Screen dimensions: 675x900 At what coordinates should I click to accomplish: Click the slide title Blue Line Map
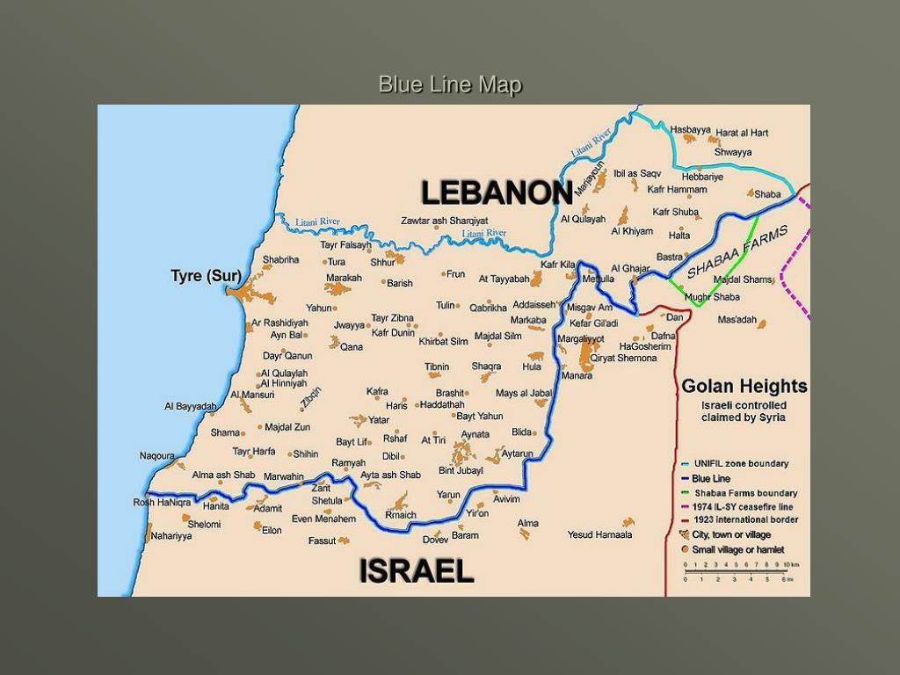coord(450,84)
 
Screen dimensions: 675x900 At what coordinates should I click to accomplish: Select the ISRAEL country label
coord(417,571)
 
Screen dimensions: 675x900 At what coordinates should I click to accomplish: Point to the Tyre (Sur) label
coord(206,276)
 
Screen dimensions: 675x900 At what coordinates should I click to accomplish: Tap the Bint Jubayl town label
coord(461,471)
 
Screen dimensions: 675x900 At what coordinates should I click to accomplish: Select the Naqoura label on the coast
coord(156,455)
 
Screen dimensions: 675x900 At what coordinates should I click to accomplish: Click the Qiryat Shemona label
coord(623,358)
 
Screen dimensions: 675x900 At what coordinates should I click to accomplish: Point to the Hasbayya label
coord(690,129)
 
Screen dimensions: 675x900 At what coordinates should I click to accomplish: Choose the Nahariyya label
coord(171,536)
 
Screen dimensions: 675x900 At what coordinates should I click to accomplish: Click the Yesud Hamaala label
coord(599,534)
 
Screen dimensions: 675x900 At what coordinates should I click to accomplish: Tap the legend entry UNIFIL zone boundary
coord(741,463)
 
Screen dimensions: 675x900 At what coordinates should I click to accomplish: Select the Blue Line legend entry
coord(711,478)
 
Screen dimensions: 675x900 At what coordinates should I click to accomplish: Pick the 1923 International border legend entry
coord(745,519)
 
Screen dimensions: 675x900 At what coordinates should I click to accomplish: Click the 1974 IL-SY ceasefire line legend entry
coord(743,506)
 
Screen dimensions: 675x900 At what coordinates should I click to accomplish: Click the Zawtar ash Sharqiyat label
coord(444,221)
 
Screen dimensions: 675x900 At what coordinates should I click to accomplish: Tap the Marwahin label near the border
coord(283,476)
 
